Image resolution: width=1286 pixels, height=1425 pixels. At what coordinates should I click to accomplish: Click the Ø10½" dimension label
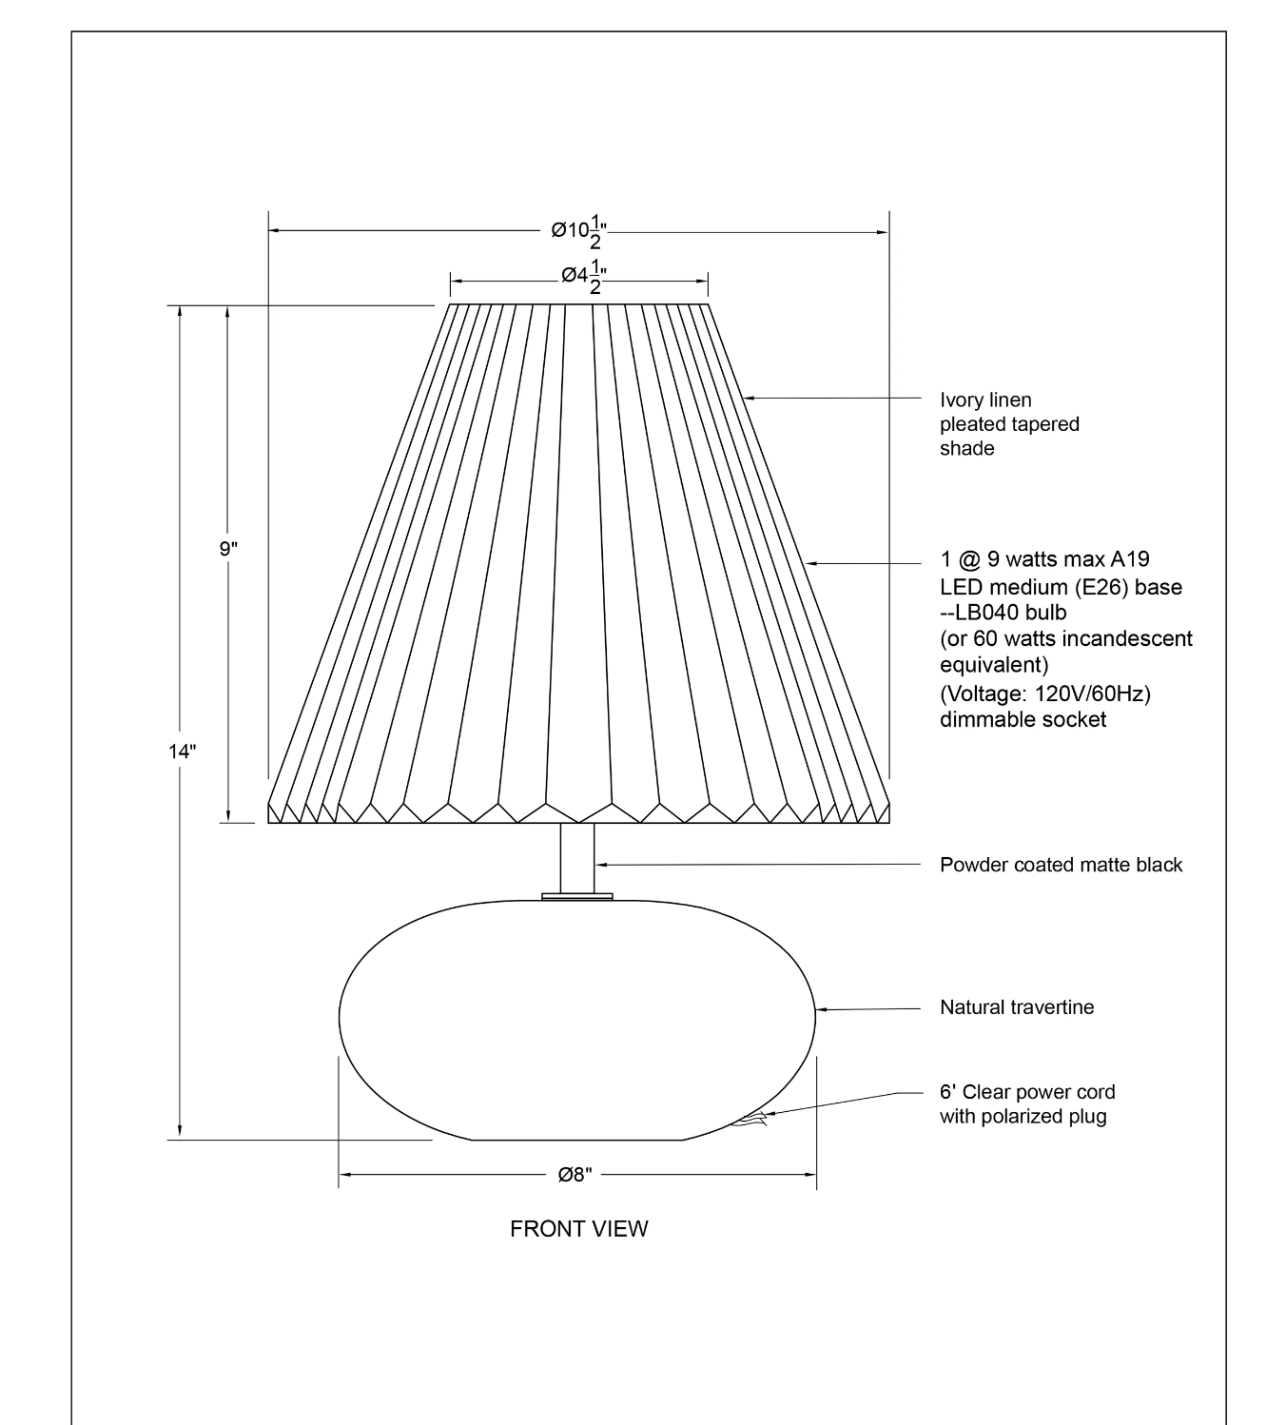tap(578, 231)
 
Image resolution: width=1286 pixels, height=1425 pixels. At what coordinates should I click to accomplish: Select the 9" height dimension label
tap(228, 549)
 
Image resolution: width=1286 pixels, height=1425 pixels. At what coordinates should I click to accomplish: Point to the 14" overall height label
tap(182, 752)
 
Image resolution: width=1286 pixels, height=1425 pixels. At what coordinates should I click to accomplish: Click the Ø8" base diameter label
tap(575, 1175)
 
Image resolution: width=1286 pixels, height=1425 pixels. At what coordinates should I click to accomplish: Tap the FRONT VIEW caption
tap(578, 1229)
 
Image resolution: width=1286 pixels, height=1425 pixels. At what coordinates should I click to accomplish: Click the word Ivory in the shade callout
tap(963, 400)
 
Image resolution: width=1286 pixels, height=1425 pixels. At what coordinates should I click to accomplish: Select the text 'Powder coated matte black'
tap(1061, 865)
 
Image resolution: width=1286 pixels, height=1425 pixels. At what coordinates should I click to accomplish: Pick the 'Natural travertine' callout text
tap(1017, 1007)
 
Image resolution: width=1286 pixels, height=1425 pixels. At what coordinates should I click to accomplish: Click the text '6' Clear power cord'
tap(1027, 1092)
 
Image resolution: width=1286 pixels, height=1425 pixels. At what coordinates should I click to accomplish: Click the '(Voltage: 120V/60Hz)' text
tap(1044, 694)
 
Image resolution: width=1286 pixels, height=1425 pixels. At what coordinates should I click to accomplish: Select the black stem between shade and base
tap(577, 858)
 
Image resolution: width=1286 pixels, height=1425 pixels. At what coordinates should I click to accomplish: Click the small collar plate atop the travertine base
tap(577, 896)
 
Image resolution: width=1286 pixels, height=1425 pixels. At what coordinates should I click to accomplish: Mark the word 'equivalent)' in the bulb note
tap(994, 664)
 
